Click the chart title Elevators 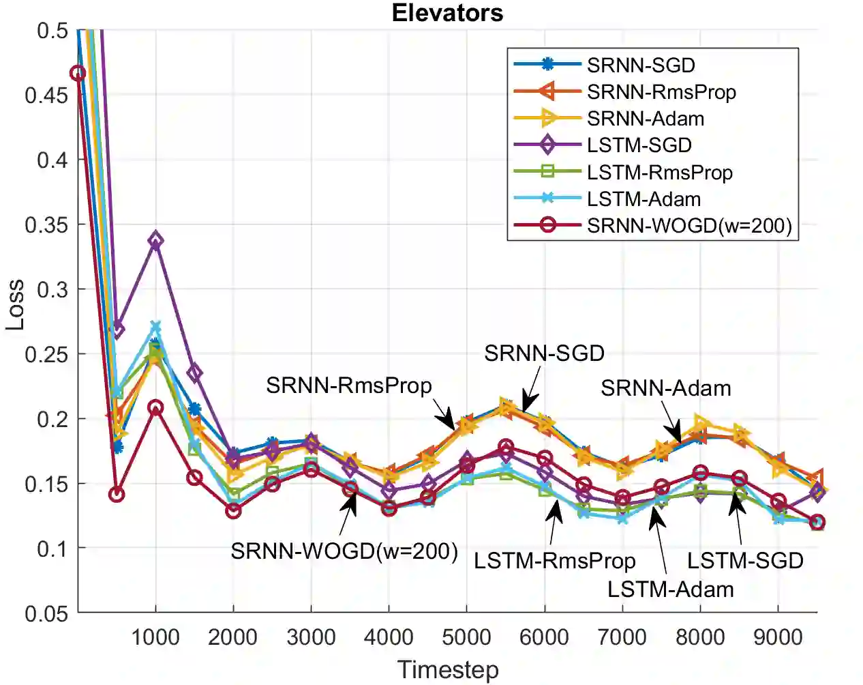coord(447,13)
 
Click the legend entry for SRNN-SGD coord(640,65)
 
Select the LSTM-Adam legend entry coord(643,199)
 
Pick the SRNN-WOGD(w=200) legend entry coord(688,226)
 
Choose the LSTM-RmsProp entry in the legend coord(659,173)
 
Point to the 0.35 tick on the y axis coord(46,224)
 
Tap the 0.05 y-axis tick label coord(46,613)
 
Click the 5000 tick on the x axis coord(466,637)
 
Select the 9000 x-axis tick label coord(778,637)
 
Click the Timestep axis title coord(448,670)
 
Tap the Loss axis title coord(15,305)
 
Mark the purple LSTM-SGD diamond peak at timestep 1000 coord(155,240)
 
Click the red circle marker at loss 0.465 coord(78,74)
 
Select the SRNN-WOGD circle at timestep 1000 coord(155,408)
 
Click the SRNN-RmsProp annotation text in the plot coord(348,385)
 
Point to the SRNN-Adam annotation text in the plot coord(665,388)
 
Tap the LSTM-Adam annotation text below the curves coord(670,589)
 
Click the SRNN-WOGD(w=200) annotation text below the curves coord(344,551)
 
